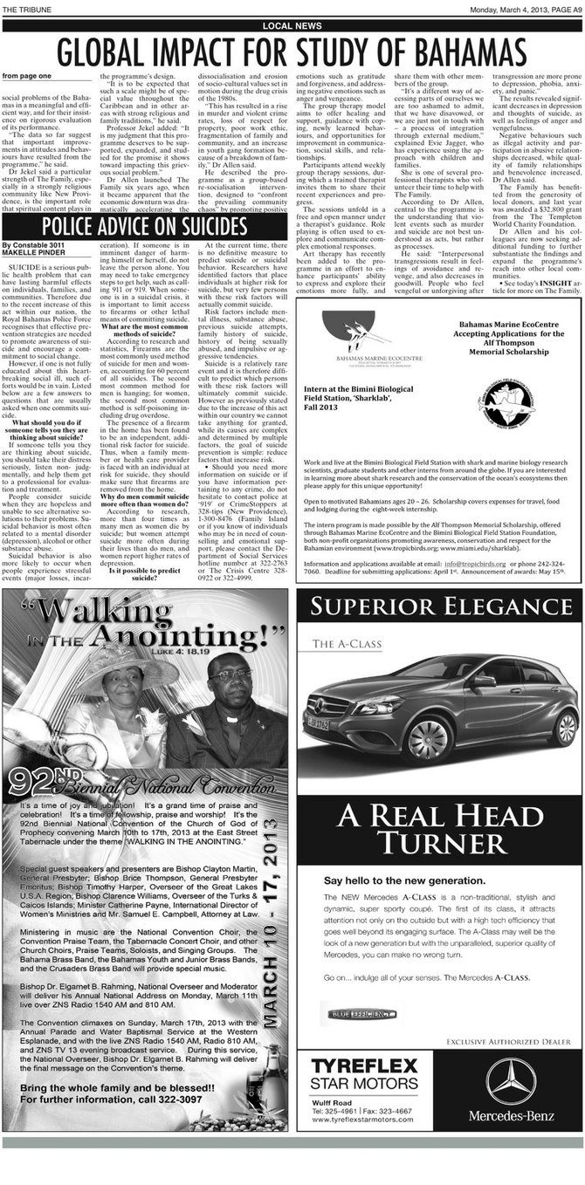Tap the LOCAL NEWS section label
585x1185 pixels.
click(x=292, y=26)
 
